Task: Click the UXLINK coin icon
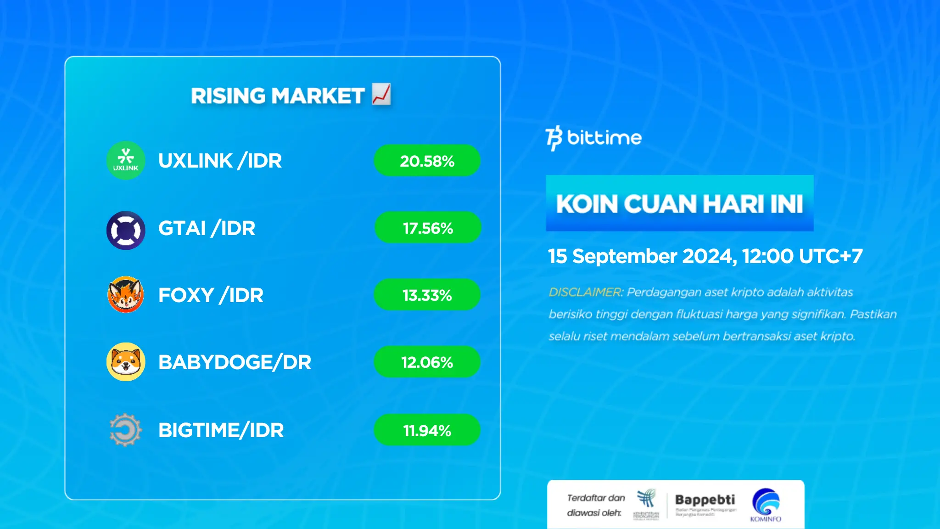point(126,160)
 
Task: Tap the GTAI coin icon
point(126,231)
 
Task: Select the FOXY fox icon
point(126,295)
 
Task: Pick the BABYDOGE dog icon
point(126,362)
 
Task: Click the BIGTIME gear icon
point(126,430)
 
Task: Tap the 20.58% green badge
point(427,161)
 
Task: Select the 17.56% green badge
point(428,228)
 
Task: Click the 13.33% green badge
point(427,295)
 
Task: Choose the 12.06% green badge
point(427,362)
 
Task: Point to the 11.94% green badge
point(427,430)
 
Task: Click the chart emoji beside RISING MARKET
point(381,94)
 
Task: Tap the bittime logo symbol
point(554,138)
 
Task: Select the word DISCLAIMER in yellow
point(585,292)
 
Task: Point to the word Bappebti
point(705,500)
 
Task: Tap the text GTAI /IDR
point(207,228)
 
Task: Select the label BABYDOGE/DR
point(235,362)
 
